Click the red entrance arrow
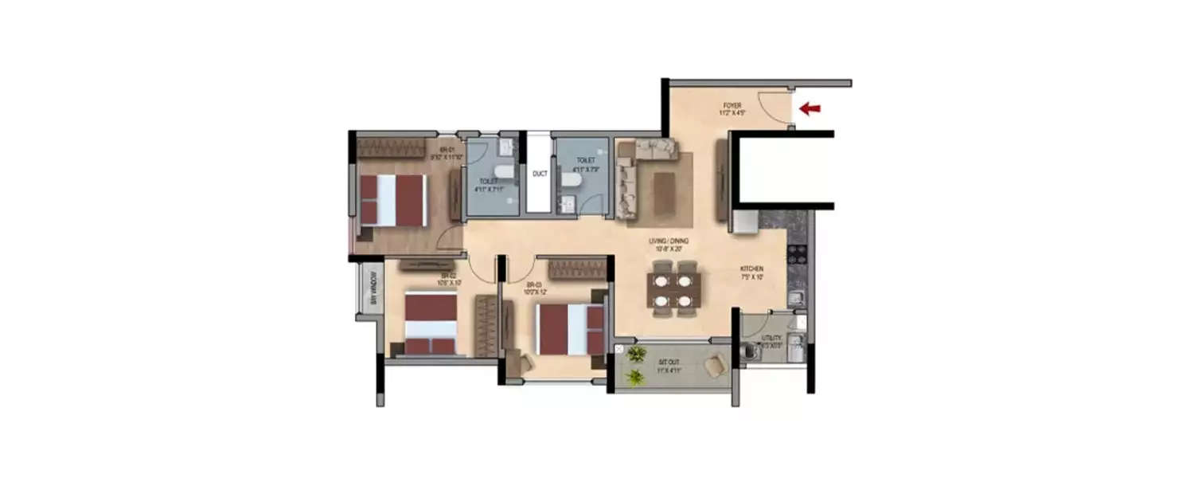point(810,108)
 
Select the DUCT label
point(540,173)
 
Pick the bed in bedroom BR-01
point(392,200)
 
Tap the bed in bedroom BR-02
point(431,323)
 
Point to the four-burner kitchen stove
point(797,254)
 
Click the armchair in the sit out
point(715,367)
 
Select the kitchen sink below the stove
point(793,300)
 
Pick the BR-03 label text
point(533,284)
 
